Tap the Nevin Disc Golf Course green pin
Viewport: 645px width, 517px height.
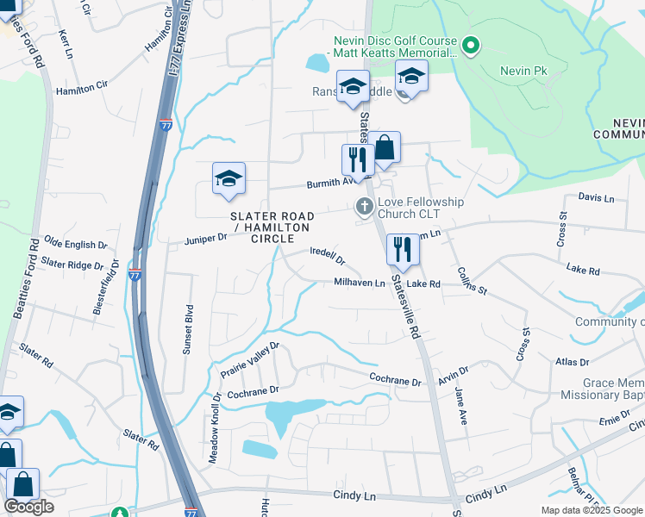coord(471,45)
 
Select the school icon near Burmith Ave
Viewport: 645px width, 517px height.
coord(229,178)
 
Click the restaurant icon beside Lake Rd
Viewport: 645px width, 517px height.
coord(403,251)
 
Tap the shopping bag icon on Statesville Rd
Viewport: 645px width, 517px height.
coord(385,148)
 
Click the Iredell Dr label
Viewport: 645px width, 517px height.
coord(328,256)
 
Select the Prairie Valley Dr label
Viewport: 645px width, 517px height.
coord(251,360)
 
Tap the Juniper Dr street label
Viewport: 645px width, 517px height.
coord(204,237)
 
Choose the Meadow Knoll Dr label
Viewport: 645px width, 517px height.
coord(215,428)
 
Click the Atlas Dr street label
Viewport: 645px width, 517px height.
coord(573,363)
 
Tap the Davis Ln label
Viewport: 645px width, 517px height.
coord(596,197)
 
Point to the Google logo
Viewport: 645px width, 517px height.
coord(30,507)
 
